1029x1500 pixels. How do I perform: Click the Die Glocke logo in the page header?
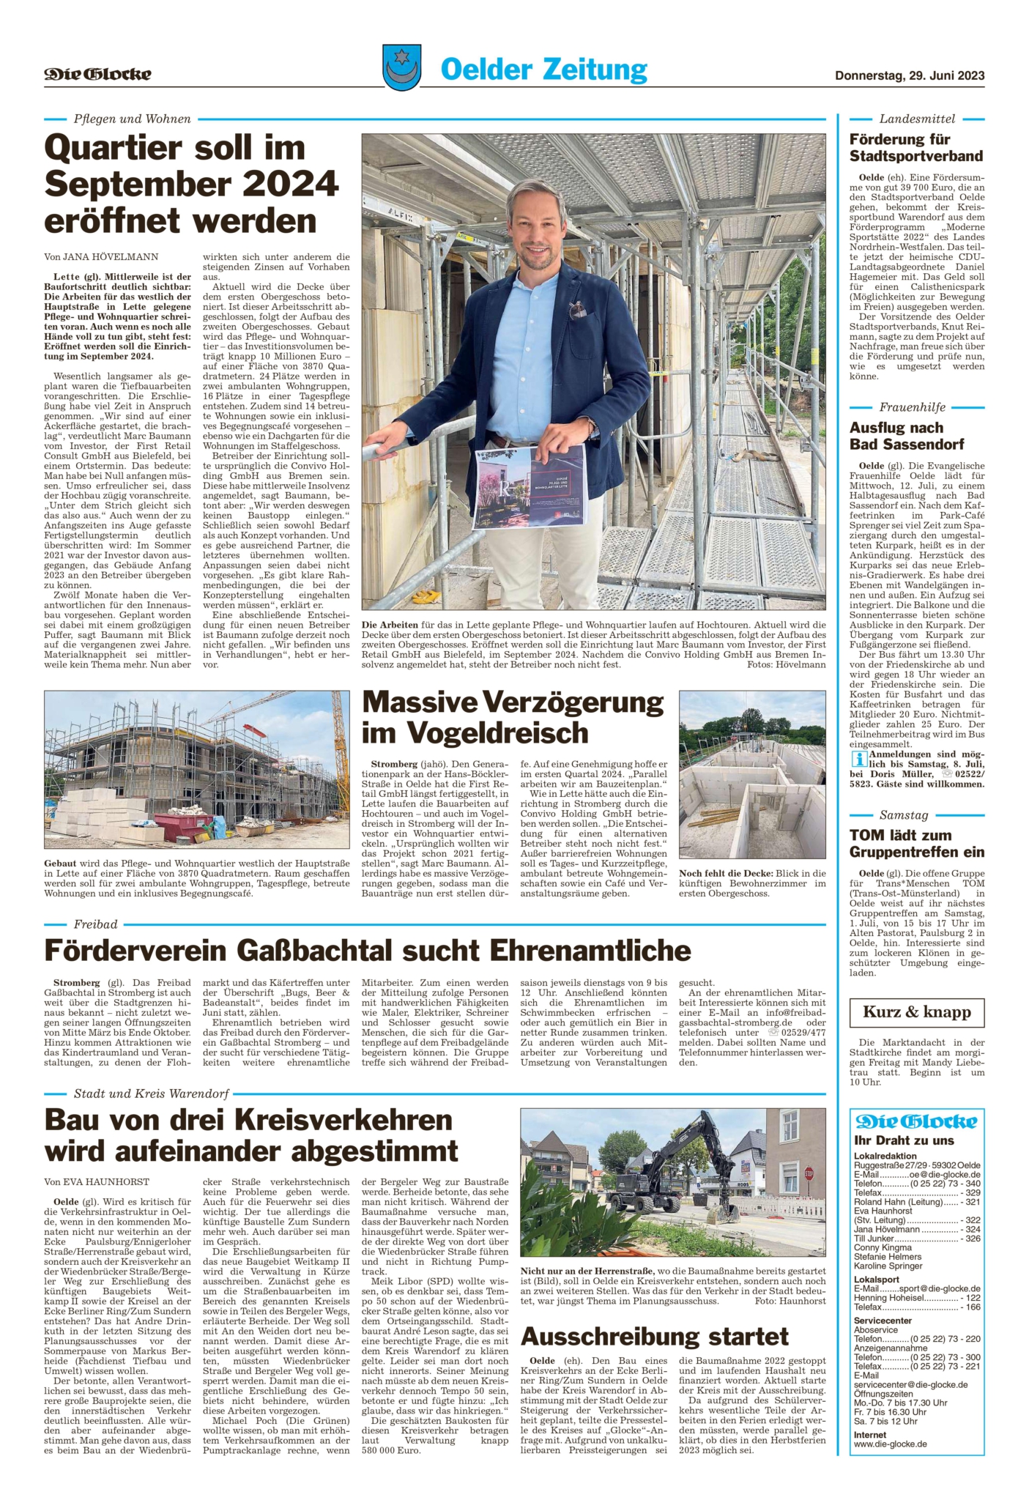click(x=97, y=74)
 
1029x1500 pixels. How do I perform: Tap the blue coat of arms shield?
click(x=401, y=67)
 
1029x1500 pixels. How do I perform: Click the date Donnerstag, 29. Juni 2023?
click(x=909, y=75)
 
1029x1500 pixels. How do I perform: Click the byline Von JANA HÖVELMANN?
click(x=101, y=256)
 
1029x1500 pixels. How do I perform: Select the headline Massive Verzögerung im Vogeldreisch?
click(x=513, y=717)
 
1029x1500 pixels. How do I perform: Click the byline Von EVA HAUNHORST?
click(x=97, y=1181)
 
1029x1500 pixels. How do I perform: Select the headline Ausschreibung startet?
click(x=654, y=1337)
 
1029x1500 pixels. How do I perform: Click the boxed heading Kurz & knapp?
click(x=916, y=1012)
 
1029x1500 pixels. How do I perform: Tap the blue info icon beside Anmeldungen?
click(x=858, y=759)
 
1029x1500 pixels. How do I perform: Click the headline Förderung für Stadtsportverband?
click(x=915, y=147)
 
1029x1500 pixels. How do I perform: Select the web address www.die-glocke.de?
click(x=890, y=1444)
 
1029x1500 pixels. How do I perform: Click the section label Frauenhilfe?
click(x=912, y=407)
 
